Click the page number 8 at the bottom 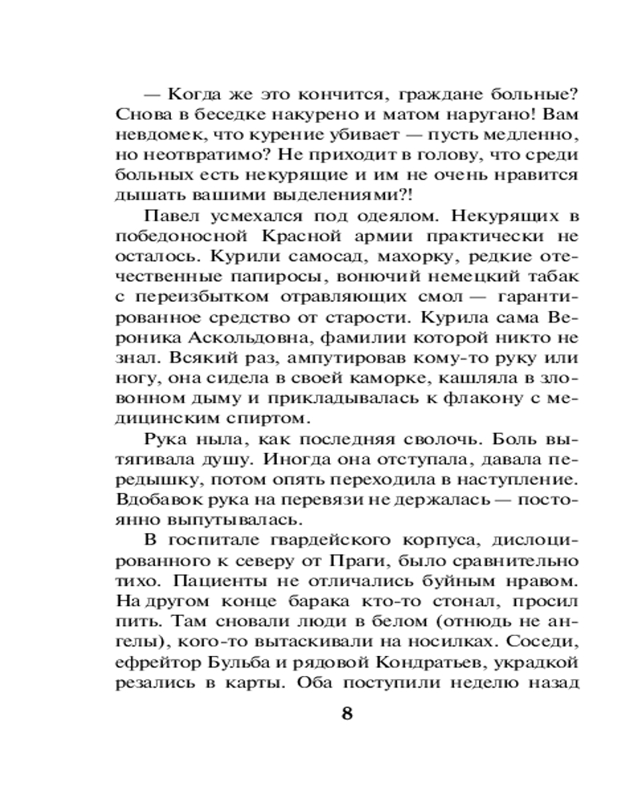pos(347,714)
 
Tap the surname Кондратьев pos(434,662)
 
